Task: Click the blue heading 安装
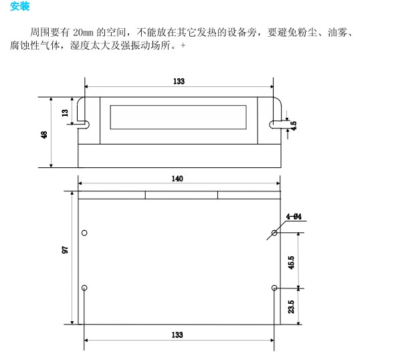[20, 7]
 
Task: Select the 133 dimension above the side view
[179, 81]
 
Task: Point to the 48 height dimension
[44, 134]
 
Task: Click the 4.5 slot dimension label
[293, 124]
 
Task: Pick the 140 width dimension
[177, 179]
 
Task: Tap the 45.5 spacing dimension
[291, 261]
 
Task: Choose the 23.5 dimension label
[291, 306]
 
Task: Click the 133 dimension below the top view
[177, 335]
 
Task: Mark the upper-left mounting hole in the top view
[84, 233]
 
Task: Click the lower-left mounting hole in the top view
[84, 288]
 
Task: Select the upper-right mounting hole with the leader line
[274, 234]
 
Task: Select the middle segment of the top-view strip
[181, 195]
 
